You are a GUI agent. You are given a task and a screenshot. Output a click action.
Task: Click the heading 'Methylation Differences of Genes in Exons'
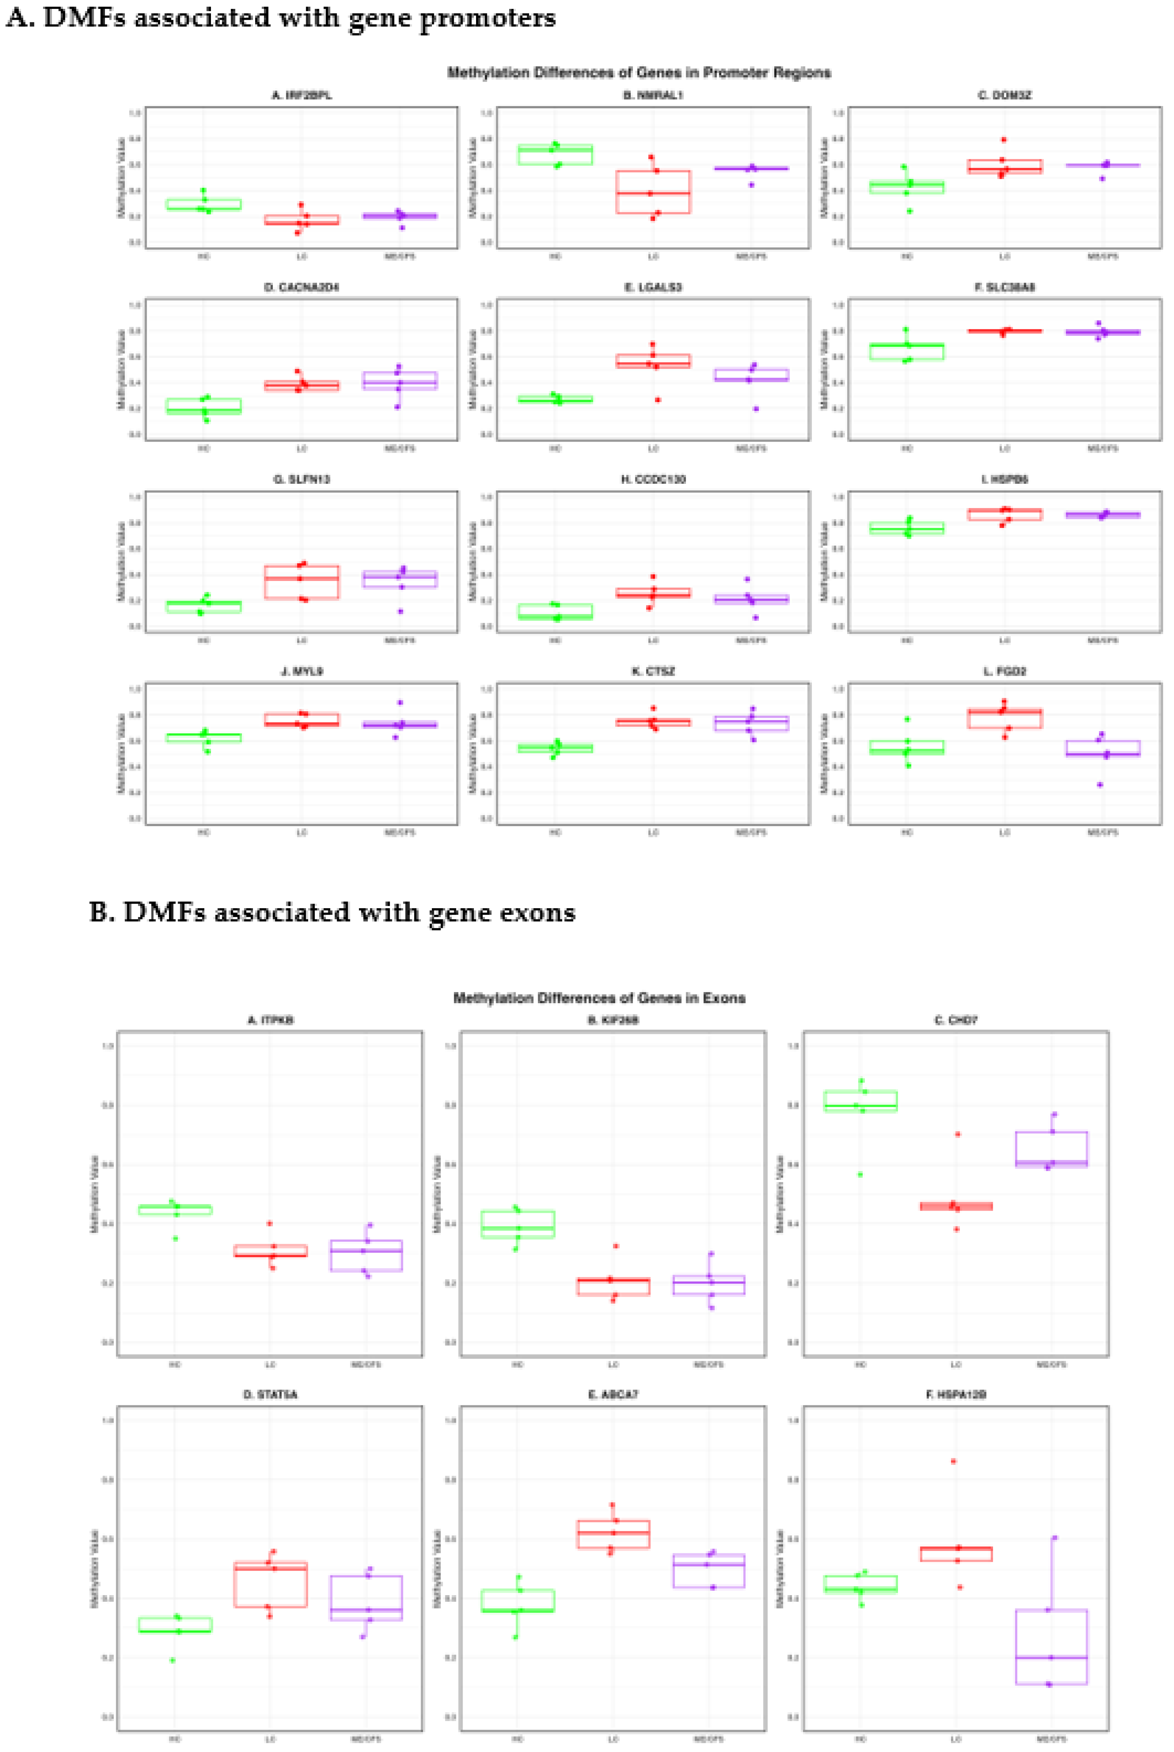click(x=599, y=997)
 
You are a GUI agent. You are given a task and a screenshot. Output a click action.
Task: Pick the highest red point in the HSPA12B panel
click(x=953, y=1461)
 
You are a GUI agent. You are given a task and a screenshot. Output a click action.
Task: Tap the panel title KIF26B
click(x=613, y=1020)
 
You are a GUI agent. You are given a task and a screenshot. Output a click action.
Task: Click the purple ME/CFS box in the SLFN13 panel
click(x=400, y=579)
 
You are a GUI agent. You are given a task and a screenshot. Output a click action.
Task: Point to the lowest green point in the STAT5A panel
click(x=173, y=1660)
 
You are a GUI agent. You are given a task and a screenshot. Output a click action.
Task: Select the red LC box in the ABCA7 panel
click(x=613, y=1534)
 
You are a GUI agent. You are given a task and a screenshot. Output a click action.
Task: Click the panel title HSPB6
click(x=1005, y=479)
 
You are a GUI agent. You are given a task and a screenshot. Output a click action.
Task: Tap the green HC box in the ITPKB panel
click(x=175, y=1209)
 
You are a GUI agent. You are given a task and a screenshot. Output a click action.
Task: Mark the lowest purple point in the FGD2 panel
click(x=1100, y=785)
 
